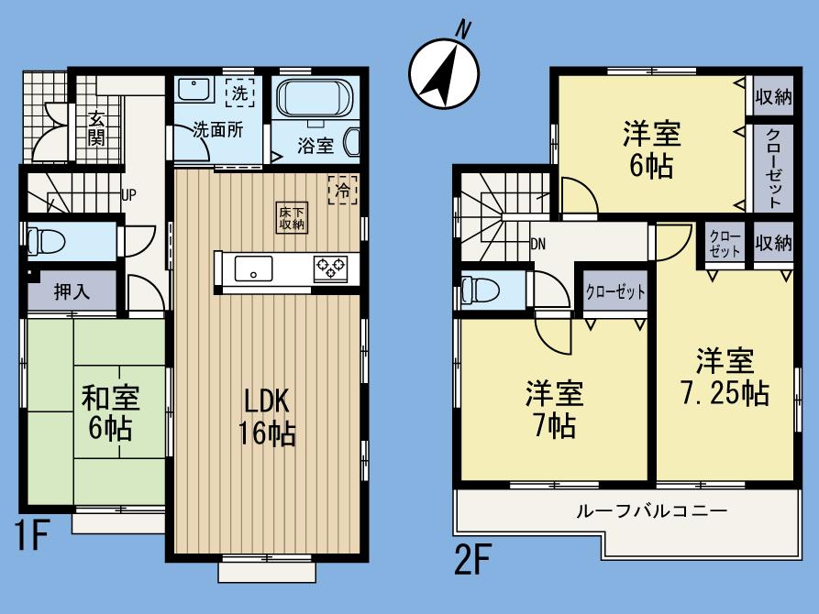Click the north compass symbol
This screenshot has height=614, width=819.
click(x=443, y=71)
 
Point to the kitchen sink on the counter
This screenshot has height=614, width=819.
click(x=252, y=269)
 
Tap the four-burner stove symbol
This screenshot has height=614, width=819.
click(x=330, y=269)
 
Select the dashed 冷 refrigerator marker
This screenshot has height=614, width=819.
click(x=342, y=192)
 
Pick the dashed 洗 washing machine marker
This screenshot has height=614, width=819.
click(x=238, y=92)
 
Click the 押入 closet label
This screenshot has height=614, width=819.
click(x=71, y=293)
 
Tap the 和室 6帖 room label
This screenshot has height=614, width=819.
click(x=110, y=412)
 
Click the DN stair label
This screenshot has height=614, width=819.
click(x=537, y=244)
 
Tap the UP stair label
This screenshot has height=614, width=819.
click(x=129, y=194)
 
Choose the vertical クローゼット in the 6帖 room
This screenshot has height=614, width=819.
click(x=772, y=167)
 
